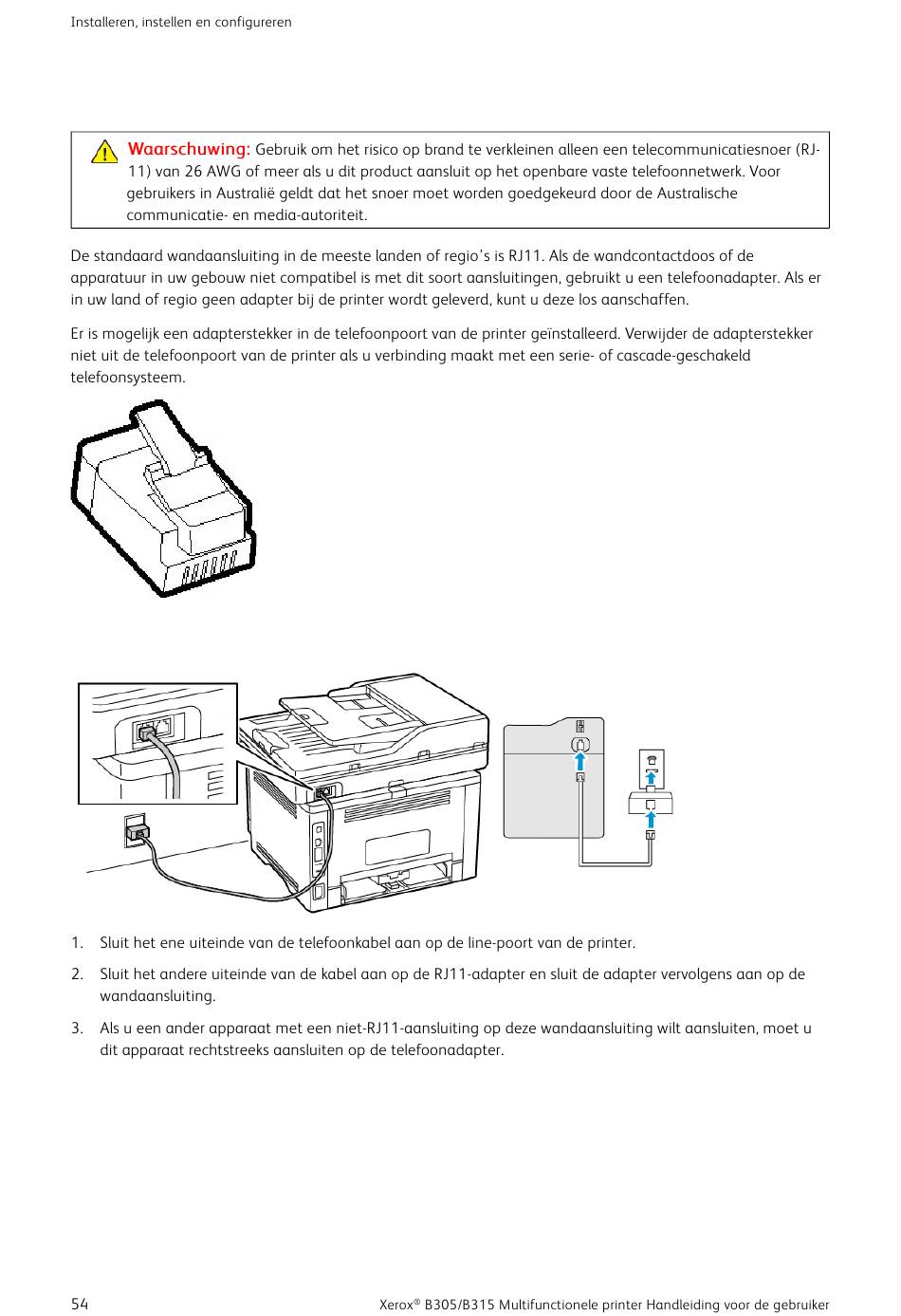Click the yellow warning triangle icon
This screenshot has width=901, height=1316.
(x=104, y=152)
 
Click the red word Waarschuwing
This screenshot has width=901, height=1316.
(x=189, y=149)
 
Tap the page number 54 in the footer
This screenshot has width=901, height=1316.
(x=80, y=1304)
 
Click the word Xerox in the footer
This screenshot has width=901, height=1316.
(x=396, y=1305)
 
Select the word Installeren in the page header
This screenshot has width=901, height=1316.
(x=103, y=22)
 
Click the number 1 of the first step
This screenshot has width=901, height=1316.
(x=76, y=943)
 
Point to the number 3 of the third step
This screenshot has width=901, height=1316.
(x=76, y=1029)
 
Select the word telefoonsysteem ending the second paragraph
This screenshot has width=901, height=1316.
(x=126, y=378)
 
